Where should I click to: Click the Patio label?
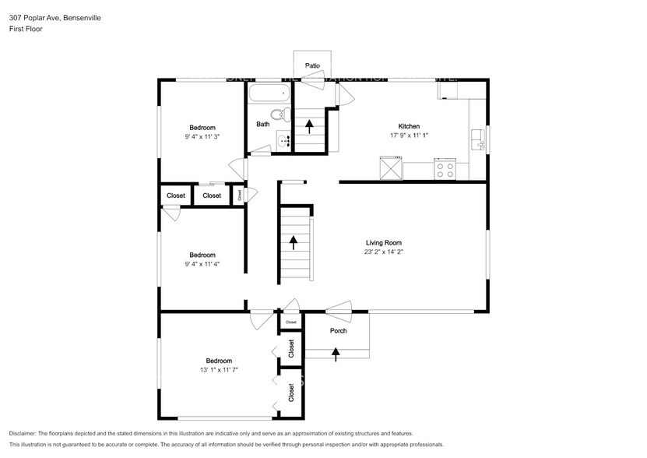[313, 66]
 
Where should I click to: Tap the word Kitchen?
[410, 126]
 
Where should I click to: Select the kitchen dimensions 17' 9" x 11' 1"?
[410, 136]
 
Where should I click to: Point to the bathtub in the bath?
[269, 94]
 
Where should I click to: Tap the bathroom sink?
[283, 141]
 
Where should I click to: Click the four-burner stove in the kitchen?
[446, 169]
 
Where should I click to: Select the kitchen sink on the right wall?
[478, 141]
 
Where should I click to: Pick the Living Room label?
[383, 242]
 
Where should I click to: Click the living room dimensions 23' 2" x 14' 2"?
[383, 252]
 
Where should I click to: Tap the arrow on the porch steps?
[336, 353]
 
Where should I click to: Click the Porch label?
[338, 331]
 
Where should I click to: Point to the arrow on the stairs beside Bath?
[310, 126]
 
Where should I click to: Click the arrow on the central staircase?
[294, 242]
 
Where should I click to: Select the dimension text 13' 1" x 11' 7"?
[219, 370]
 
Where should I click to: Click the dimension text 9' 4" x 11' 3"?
[202, 137]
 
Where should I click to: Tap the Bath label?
[263, 124]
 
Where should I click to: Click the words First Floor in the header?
[26, 29]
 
